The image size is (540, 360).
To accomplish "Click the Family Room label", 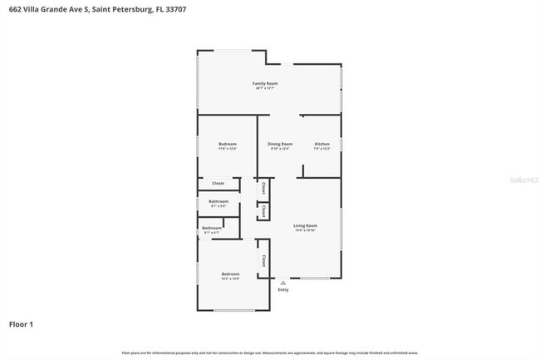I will point(265,83).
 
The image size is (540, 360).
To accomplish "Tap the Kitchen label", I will point(322,144).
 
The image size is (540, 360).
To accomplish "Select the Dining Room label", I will point(280,144).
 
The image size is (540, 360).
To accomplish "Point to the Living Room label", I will point(305,225).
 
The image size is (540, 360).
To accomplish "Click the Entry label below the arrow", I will point(283,289).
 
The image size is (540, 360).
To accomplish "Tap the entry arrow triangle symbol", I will point(283,282).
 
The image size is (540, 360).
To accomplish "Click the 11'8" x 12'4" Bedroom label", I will point(228,144).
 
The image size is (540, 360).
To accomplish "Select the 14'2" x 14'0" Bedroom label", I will point(230,274).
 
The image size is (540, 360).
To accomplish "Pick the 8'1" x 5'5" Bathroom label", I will point(218,201).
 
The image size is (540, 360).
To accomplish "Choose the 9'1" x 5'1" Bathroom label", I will point(211,228).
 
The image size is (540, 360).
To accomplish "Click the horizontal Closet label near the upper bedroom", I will point(218,183).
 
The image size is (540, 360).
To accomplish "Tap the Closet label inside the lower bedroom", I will point(263,259).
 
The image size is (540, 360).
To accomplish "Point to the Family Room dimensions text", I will point(265,88).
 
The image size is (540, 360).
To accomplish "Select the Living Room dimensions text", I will point(305,230).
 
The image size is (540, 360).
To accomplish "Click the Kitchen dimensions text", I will point(322,149).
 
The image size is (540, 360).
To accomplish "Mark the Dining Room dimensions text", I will point(280,149).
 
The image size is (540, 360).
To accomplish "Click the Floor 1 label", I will point(22,323).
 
